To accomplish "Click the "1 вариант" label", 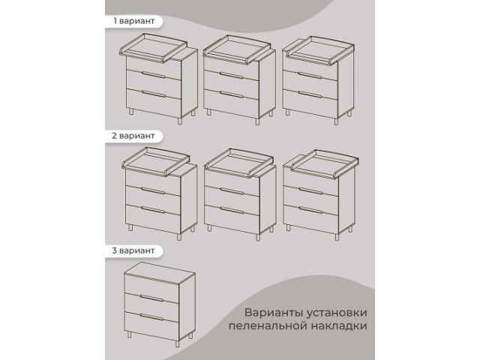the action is pos(133,21).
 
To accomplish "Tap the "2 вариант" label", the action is pos(133,136).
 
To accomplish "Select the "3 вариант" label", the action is pos(133,250).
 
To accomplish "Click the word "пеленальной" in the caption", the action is pos(268,325).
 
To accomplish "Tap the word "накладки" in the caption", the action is pos(339,325).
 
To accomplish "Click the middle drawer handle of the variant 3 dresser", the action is pos(152,298).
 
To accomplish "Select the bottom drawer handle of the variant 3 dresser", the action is pos(152,316).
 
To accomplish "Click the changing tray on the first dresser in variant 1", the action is pos(153,48).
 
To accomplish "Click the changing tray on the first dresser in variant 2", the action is pos(157,161).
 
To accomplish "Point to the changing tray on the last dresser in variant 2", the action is pos(325,163).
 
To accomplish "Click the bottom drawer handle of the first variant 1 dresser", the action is pos(154,94).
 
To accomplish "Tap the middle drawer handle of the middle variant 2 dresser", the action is pos(232,191).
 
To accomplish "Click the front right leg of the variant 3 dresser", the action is pos(178,343).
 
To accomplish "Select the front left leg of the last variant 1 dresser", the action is pos(288,112).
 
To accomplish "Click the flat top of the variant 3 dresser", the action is pos(160,271).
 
